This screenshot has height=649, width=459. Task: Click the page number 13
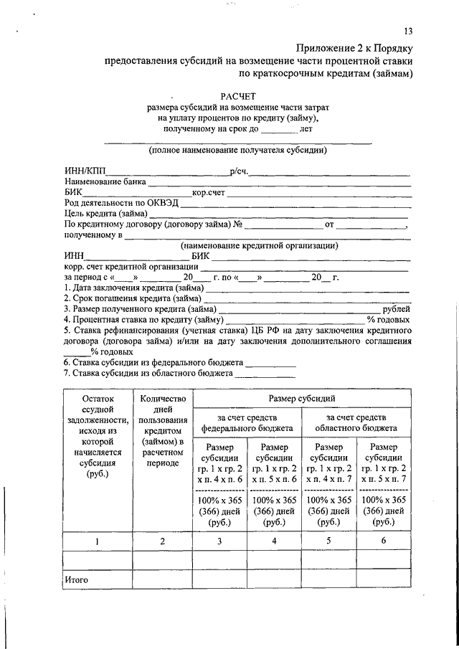(409, 31)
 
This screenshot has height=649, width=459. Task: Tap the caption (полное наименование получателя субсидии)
(237, 151)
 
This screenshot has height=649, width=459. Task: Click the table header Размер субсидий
(302, 398)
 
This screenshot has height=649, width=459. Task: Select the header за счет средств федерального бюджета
(247, 422)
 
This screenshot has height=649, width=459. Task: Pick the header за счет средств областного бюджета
(356, 422)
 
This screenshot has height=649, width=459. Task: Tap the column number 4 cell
(275, 541)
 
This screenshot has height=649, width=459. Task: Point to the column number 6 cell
(384, 541)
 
